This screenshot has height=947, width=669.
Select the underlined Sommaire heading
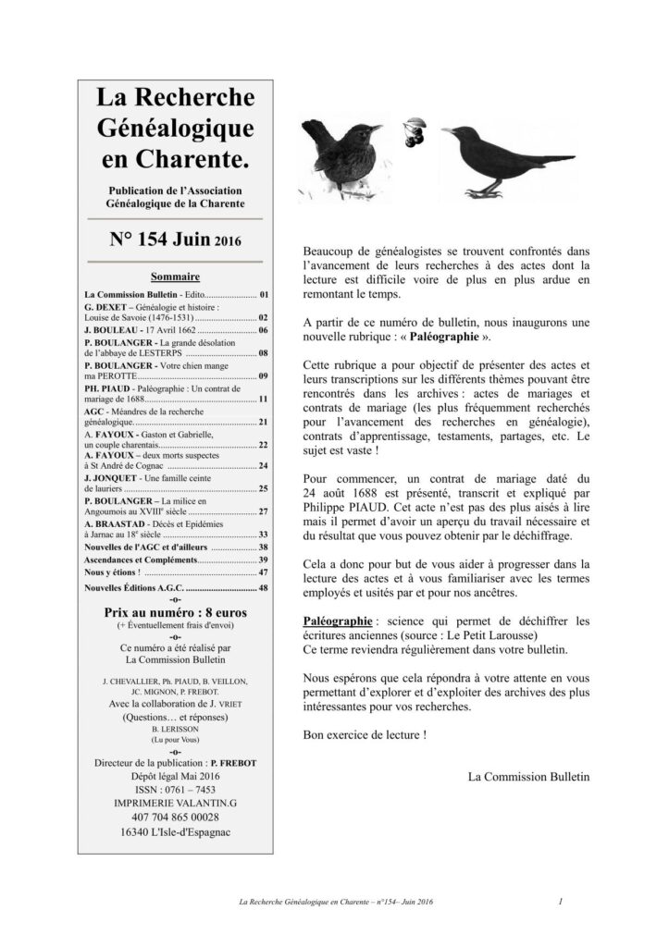pos(176,277)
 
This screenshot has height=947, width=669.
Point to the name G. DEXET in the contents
pos(105,308)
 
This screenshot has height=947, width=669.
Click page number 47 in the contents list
pos(263,572)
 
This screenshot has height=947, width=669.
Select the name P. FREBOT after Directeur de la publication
pos(233,761)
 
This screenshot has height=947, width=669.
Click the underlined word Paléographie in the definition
pos(339,620)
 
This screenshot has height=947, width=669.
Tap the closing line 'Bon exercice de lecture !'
pos(365,734)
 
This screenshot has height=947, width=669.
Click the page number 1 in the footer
pos(562,900)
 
